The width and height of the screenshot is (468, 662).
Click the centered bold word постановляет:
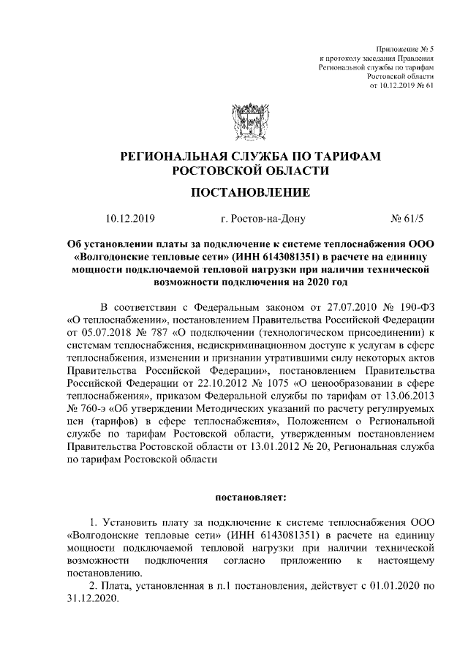(251, 498)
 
